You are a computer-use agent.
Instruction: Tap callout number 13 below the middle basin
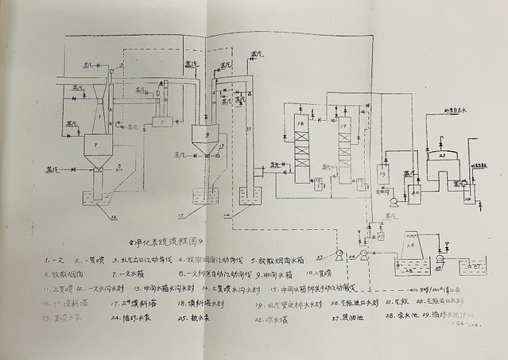tap(205, 217)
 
